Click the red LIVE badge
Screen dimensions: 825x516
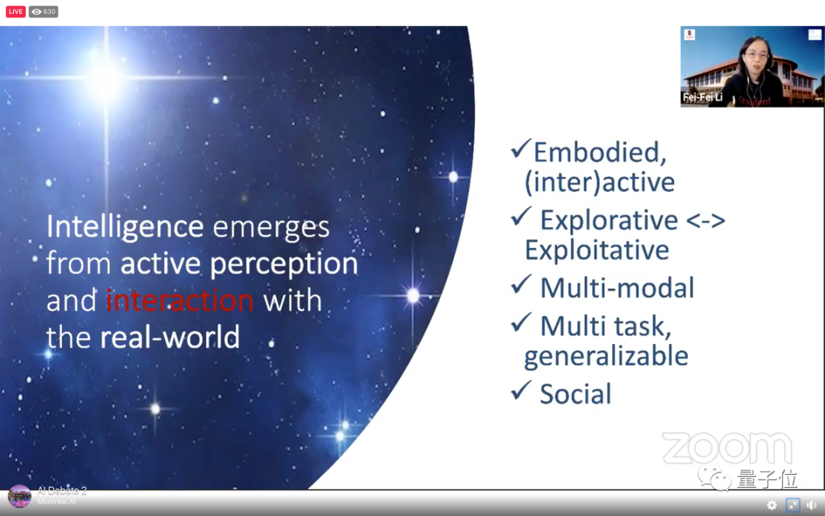pos(16,11)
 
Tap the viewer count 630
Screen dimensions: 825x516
pos(49,11)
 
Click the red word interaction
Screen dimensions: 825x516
pos(180,300)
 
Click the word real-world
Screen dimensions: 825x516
pos(170,338)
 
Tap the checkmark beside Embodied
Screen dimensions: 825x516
pos(520,149)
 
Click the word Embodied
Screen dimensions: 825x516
pos(600,152)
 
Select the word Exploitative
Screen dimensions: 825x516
pos(597,249)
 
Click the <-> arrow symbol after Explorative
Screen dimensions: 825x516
pos(706,220)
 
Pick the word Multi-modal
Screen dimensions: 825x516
pos(616,288)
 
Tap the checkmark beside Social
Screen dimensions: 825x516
pos(521,391)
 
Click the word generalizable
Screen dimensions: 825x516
pos(606,356)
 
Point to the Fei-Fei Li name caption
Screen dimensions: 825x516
pos(703,97)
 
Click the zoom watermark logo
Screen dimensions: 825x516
pos(727,449)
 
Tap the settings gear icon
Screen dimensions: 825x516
pos(772,505)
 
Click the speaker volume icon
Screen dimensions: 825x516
pos(811,505)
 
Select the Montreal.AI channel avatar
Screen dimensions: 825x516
pos(19,497)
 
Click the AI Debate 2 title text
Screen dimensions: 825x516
pos(62,491)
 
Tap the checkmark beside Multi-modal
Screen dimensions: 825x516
pos(521,284)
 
